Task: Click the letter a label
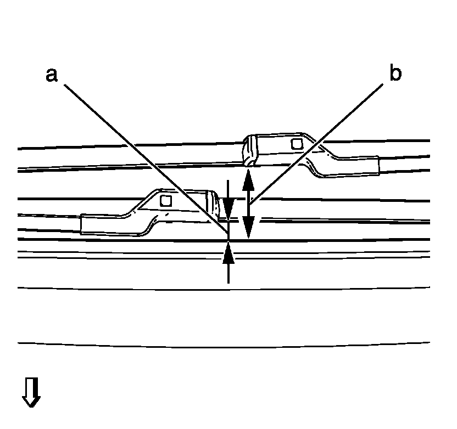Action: pos(52,75)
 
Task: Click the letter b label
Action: pos(395,74)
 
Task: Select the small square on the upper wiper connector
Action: pos(297,144)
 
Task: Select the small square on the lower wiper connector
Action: pos(165,201)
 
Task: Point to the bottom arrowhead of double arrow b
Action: pos(248,229)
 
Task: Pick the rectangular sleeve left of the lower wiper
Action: pos(99,224)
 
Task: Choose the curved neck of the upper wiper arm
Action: pos(316,159)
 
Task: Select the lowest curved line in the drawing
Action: pos(220,346)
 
